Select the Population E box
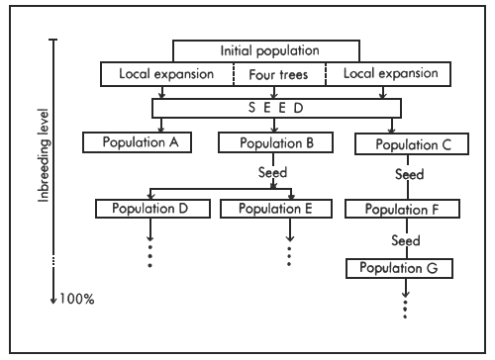(276, 209)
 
